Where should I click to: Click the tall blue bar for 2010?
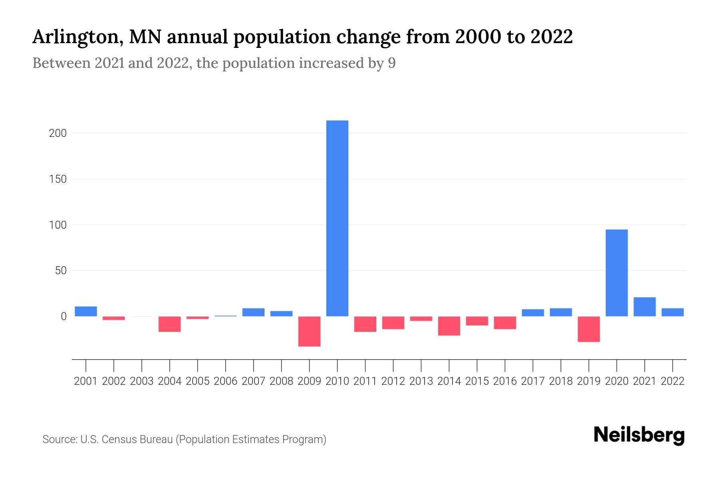coord(337,218)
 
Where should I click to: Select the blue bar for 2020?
coord(616,273)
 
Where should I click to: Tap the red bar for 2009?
coord(309,331)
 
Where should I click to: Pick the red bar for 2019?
coord(588,329)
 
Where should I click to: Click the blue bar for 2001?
coord(86,311)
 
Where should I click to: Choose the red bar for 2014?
coord(449,326)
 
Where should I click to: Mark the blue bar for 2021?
coord(644,307)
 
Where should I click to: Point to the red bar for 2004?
coord(170,324)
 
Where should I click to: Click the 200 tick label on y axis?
coord(58,133)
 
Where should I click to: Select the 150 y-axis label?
coord(58,179)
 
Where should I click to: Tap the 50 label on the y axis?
coord(61,271)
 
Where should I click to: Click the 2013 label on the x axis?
coord(421,381)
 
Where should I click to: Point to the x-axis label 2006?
coord(226,381)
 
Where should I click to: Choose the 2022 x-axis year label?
coord(672,381)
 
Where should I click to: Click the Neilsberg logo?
coord(639,435)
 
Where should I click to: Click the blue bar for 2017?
coord(532,313)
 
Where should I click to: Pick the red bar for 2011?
coord(365,324)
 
